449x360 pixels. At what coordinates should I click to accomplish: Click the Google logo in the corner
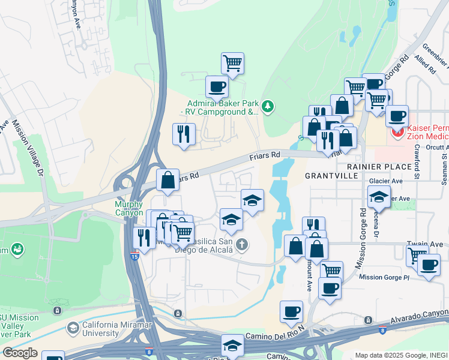coord(19,353)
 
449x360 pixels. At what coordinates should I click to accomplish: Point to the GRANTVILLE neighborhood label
coord(331,176)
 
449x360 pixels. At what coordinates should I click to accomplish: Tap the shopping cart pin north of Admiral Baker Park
coord(232,62)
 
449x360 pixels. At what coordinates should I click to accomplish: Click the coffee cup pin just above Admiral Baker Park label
coord(217,86)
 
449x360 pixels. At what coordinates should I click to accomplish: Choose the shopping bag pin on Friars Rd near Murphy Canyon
coord(167,179)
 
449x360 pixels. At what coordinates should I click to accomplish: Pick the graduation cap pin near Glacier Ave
coord(379,196)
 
